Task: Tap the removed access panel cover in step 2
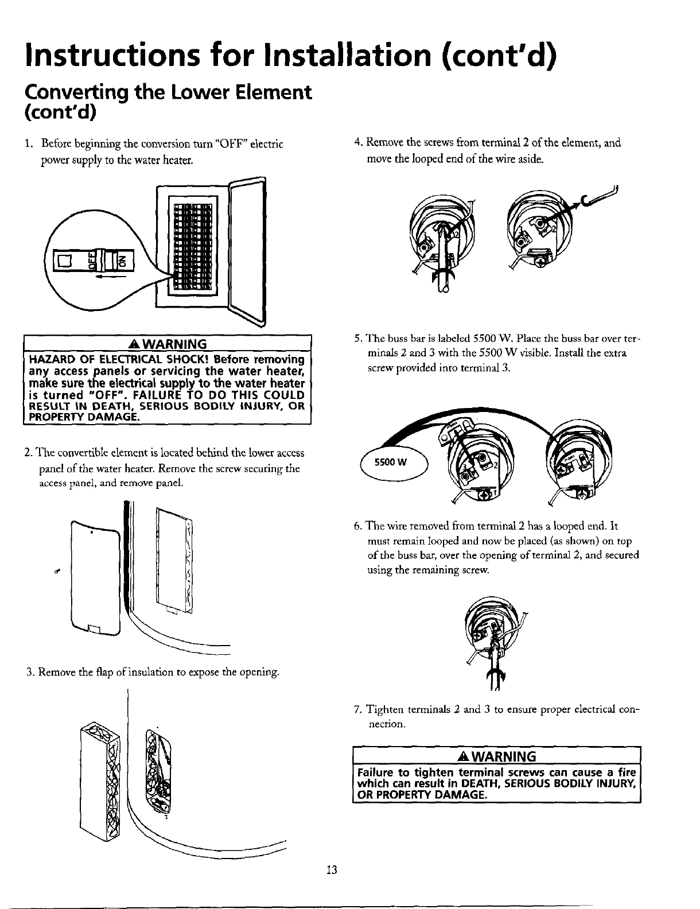point(95,580)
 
